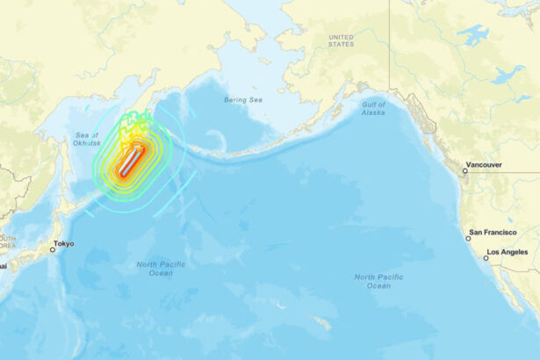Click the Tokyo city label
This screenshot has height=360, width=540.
(64, 243)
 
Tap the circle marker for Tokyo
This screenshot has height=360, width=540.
(53, 249)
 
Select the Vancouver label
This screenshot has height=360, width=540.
(485, 164)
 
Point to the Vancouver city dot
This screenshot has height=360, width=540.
(466, 170)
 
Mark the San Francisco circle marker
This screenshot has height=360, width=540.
(468, 238)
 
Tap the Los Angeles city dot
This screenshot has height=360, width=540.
(486, 258)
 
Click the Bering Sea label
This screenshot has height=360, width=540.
(242, 100)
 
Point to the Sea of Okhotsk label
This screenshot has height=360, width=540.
(88, 139)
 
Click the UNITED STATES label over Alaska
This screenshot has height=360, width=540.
(341, 40)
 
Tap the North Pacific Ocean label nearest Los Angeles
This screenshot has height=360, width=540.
(378, 281)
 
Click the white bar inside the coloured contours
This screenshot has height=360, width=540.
(131, 162)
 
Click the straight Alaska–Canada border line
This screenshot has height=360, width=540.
(390, 53)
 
